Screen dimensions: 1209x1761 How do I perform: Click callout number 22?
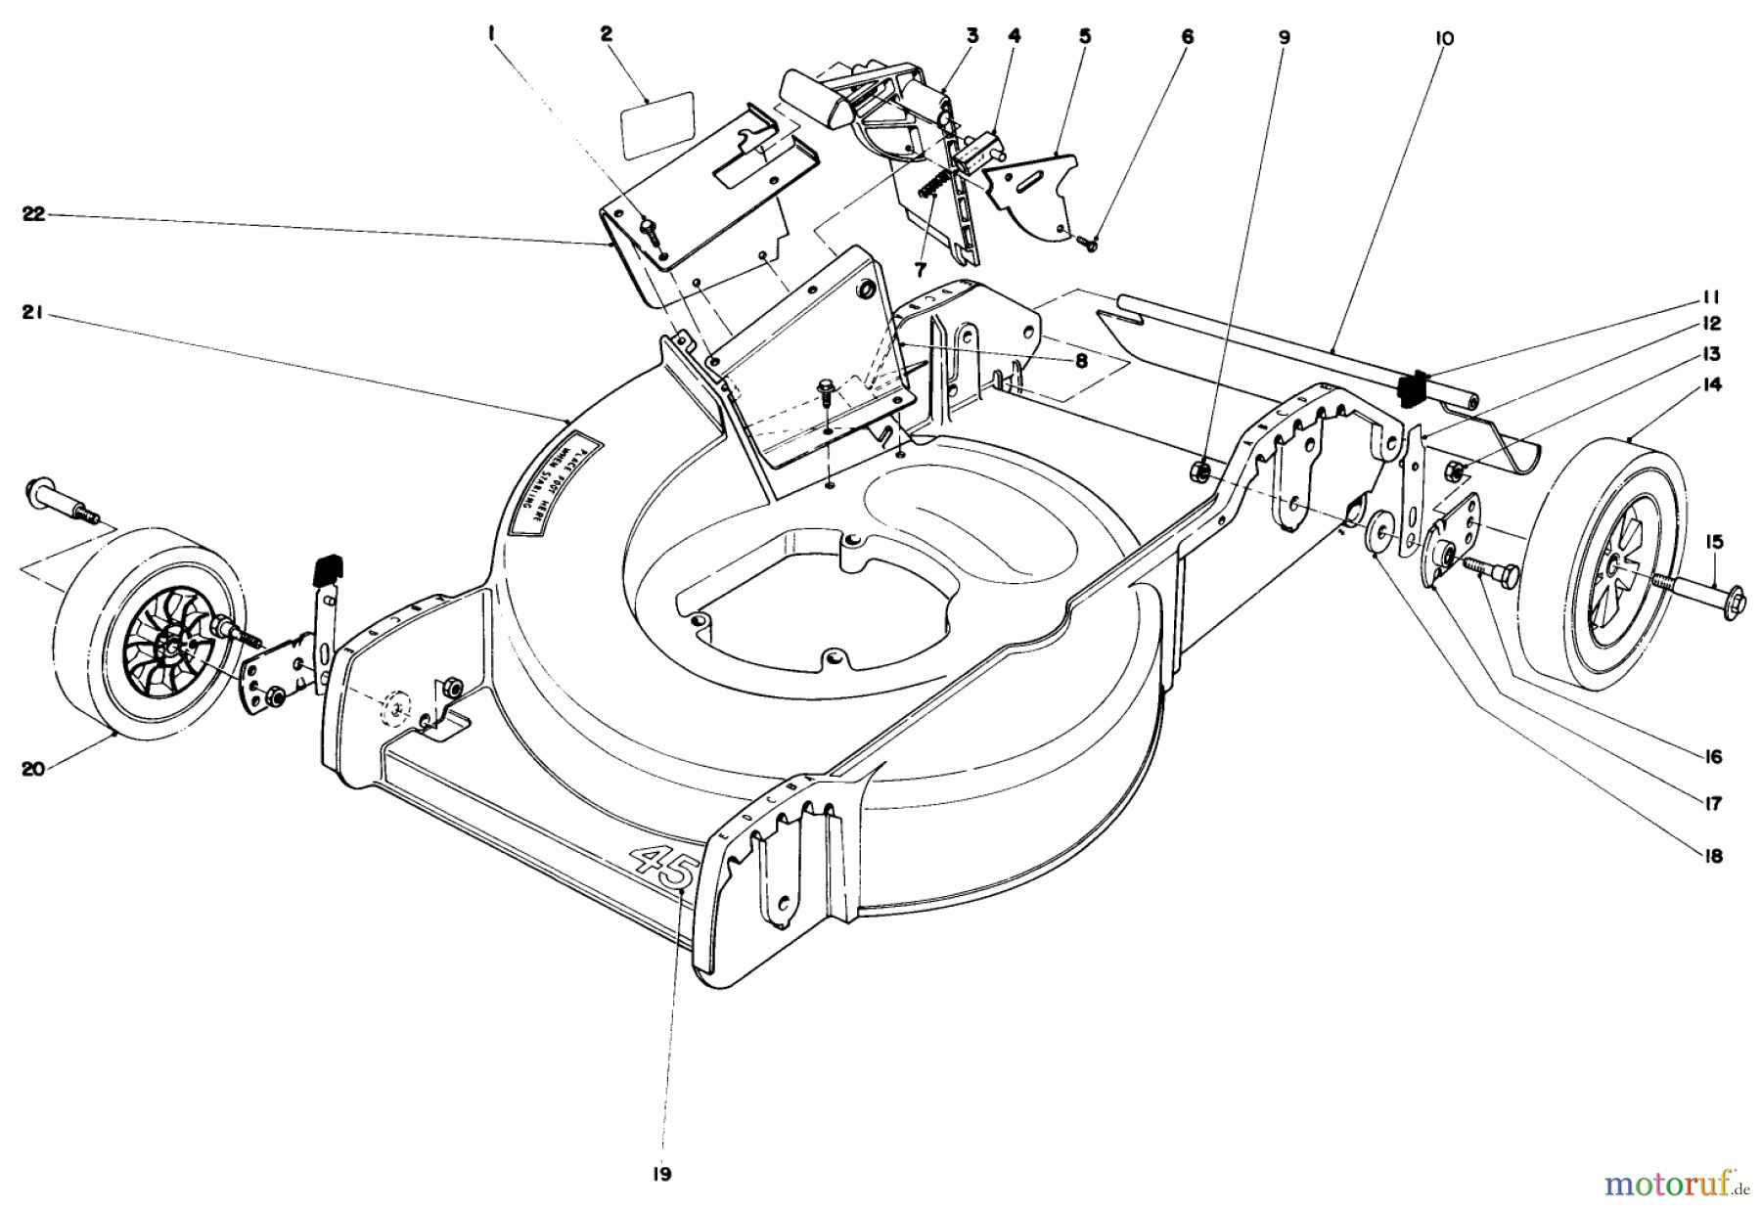tap(34, 215)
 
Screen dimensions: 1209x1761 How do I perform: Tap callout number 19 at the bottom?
tap(662, 1175)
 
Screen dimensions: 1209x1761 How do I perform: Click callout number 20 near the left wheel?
tap(33, 769)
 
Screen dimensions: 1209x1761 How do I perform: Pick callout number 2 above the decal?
tap(606, 34)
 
